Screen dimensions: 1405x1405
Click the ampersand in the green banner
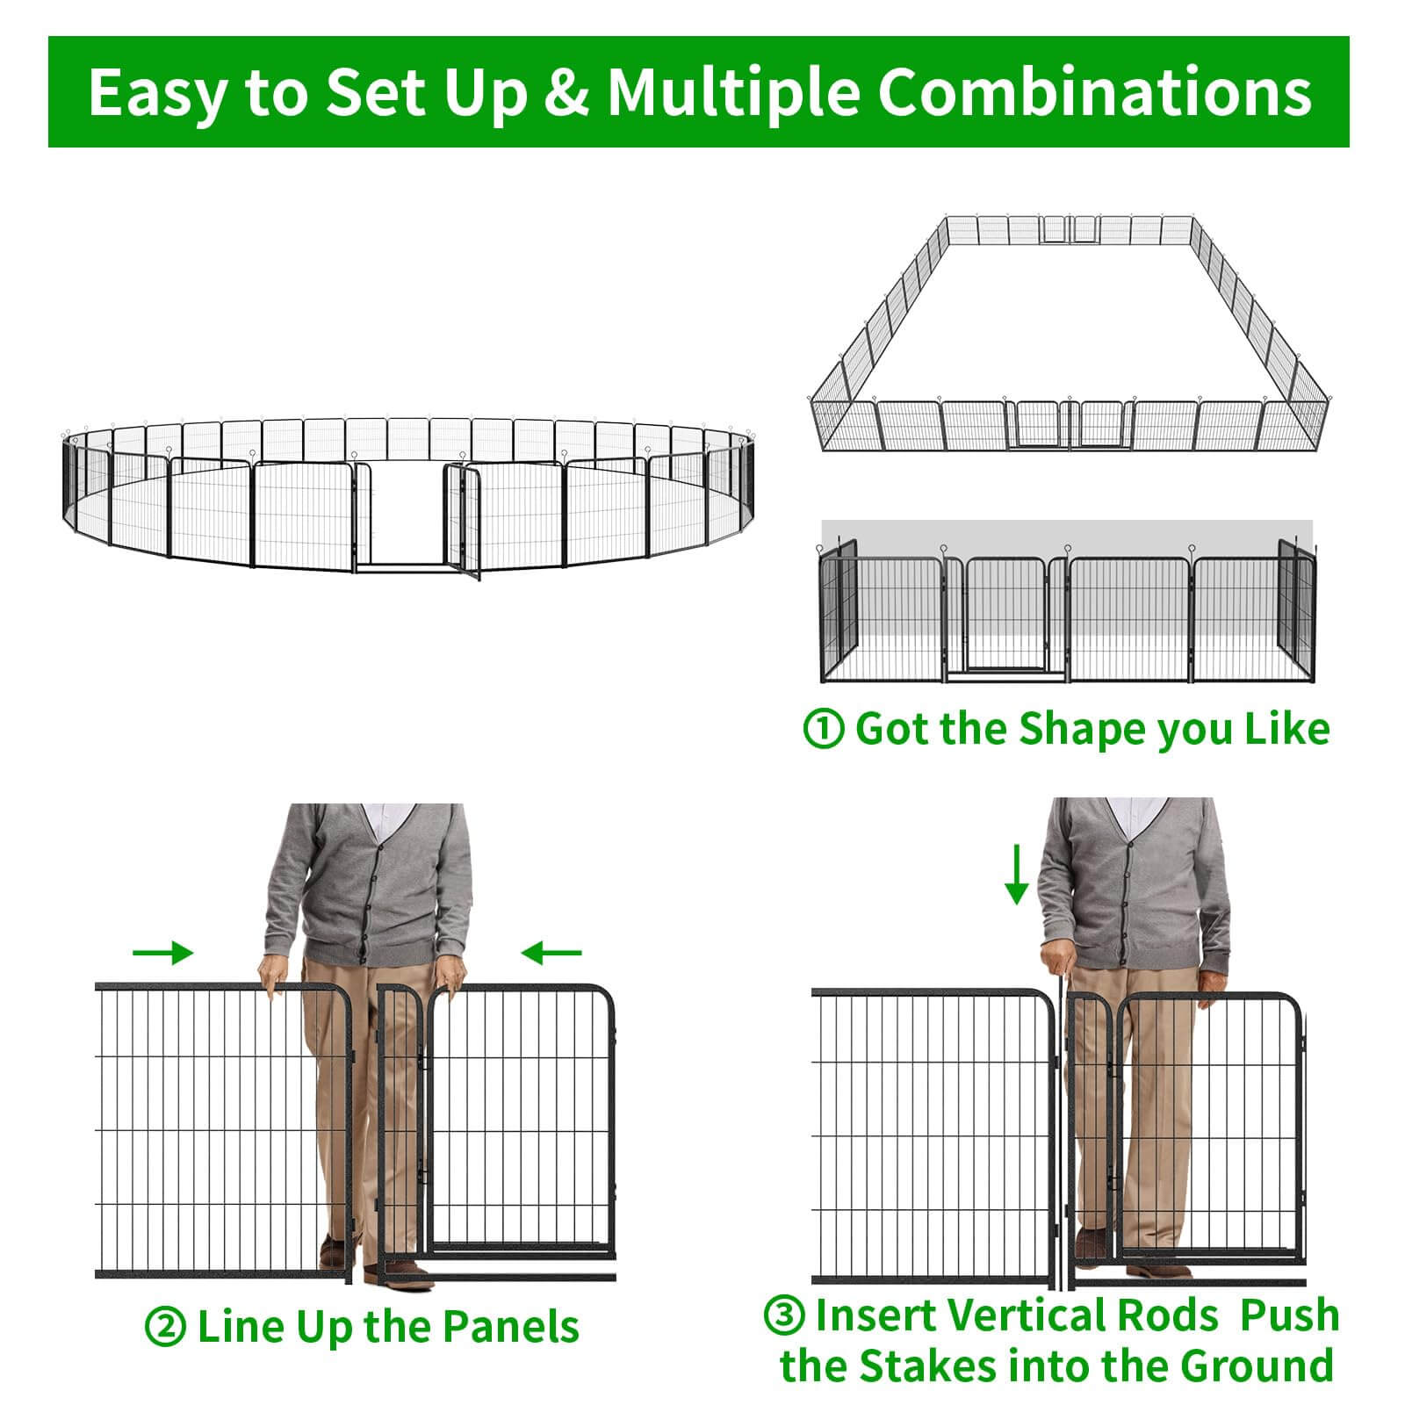click(x=567, y=92)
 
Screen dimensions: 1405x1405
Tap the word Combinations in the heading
click(x=1095, y=92)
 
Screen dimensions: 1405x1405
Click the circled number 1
click(x=824, y=730)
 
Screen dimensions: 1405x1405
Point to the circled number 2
click(x=165, y=1327)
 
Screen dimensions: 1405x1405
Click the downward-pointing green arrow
click(x=1017, y=874)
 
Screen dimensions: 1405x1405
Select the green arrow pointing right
click(x=162, y=952)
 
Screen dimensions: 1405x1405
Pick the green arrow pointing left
click(x=551, y=952)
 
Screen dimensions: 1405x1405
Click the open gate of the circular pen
click(x=463, y=522)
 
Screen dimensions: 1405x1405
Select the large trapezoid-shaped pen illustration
click(x=1069, y=335)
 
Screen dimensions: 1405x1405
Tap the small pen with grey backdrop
click(x=1067, y=603)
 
